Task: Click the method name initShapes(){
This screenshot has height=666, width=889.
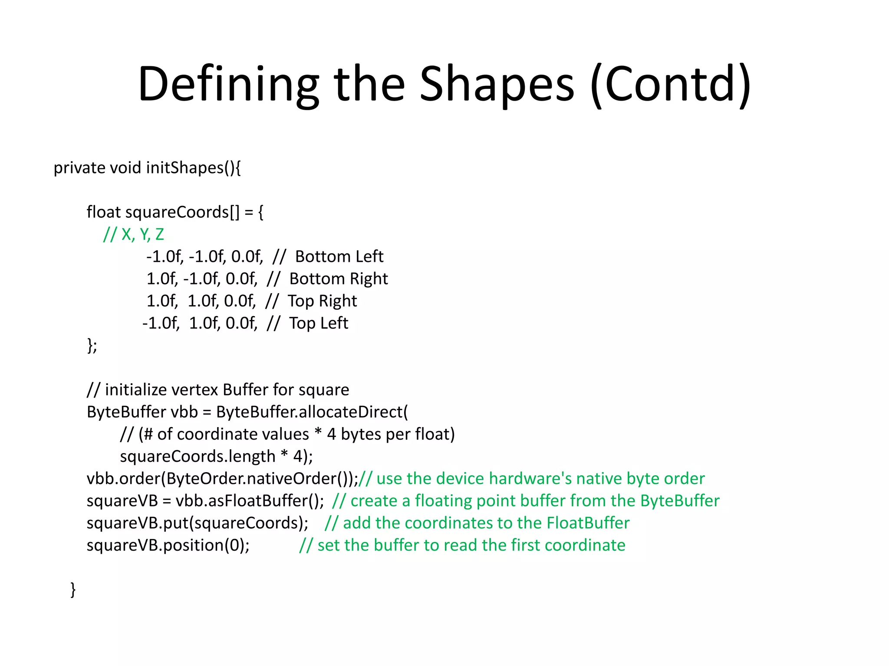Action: point(194,168)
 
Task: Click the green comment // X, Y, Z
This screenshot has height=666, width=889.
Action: point(134,235)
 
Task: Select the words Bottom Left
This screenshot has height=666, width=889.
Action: point(339,257)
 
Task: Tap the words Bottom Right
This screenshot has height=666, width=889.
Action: point(339,279)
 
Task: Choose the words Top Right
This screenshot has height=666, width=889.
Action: point(322,301)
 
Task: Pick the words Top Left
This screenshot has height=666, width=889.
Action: point(319,323)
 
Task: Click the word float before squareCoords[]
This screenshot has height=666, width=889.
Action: point(103,212)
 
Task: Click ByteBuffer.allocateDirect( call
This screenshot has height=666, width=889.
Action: point(312,412)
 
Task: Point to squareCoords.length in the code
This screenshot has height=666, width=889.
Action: point(198,457)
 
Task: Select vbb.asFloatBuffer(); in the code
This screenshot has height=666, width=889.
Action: point(250,501)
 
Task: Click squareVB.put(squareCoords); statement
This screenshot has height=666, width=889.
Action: point(198,523)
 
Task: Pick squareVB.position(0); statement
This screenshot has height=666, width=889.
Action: point(168,545)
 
